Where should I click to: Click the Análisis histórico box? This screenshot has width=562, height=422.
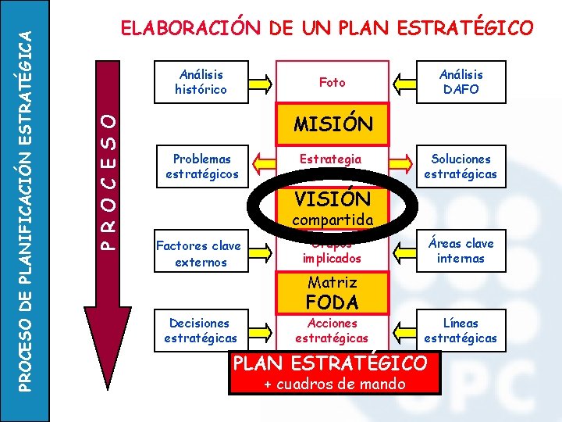[x=201, y=82]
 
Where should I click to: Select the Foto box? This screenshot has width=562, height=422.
[x=333, y=82]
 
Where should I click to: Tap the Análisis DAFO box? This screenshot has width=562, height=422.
[x=461, y=82]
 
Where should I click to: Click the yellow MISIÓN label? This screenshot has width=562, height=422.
[x=333, y=124]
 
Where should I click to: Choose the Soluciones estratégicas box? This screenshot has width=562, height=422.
[x=461, y=166]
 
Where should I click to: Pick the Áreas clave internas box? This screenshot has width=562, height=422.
[x=461, y=250]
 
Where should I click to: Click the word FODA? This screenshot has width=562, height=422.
[x=332, y=302]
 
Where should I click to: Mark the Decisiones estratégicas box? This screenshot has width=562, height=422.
[x=201, y=330]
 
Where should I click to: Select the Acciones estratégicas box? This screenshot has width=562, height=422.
[x=333, y=330]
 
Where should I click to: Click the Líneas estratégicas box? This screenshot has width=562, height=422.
[x=461, y=330]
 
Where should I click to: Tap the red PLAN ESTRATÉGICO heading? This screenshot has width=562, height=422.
[x=331, y=363]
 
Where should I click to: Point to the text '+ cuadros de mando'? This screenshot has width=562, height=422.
[x=334, y=384]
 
